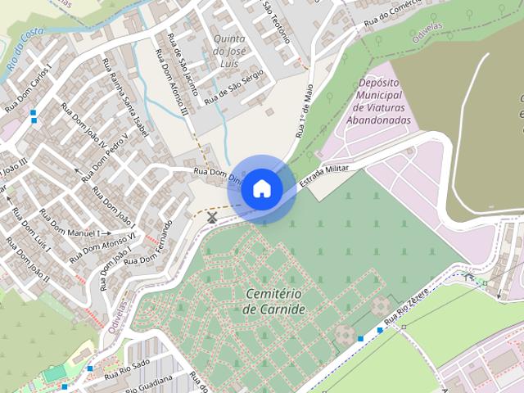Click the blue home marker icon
[262, 188]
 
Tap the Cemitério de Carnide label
[274, 301]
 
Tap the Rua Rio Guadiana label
[148, 384]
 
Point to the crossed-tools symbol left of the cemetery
[212, 217]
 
